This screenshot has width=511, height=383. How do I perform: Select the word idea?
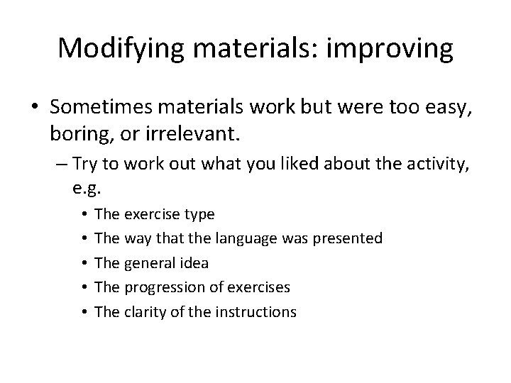coord(193,262)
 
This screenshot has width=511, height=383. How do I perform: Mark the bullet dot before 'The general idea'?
coord(84,262)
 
